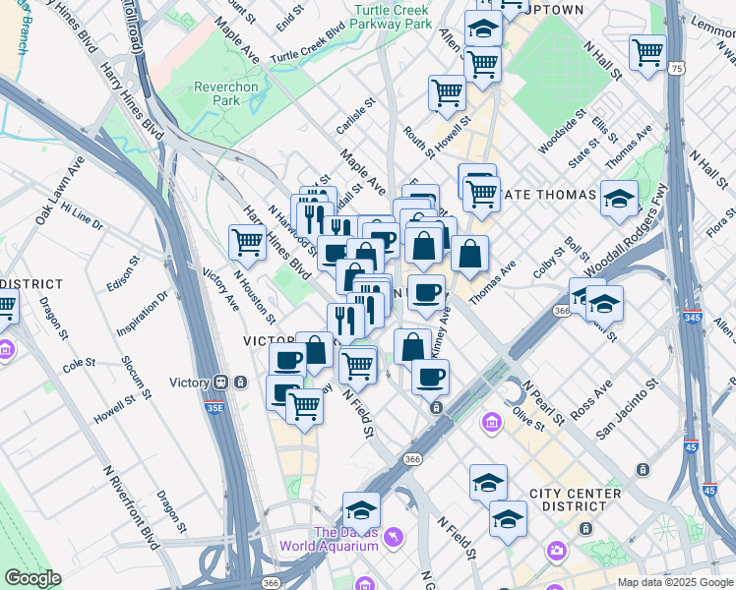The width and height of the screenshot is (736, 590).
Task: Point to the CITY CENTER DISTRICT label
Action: pyautogui.click(x=575, y=500)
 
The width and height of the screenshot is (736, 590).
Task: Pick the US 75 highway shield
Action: pyautogui.click(x=674, y=68)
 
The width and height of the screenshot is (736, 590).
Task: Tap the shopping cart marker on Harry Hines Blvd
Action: pyautogui.click(x=247, y=241)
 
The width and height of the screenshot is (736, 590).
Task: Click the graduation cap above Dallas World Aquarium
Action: pyautogui.click(x=361, y=509)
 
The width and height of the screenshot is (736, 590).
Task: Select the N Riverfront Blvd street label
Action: pyautogui.click(x=130, y=506)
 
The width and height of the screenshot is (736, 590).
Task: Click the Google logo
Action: pyautogui.click(x=32, y=579)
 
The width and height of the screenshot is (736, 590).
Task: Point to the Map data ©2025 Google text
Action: pyautogui.click(x=674, y=582)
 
